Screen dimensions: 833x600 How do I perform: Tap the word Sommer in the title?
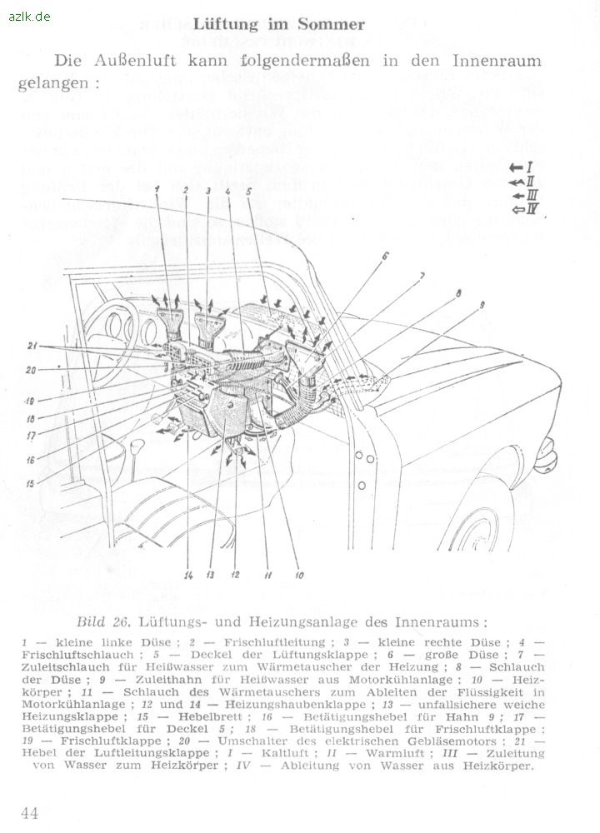[332, 25]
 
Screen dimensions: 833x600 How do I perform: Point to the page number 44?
[30, 813]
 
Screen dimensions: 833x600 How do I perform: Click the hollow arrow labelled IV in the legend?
[519, 208]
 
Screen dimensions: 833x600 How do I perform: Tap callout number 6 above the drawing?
[386, 257]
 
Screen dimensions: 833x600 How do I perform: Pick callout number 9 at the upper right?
[482, 306]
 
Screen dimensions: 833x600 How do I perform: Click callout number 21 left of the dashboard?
[32, 346]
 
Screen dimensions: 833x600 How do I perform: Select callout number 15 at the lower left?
[31, 483]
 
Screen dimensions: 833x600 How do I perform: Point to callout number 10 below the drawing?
[299, 575]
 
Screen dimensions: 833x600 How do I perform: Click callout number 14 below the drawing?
[188, 575]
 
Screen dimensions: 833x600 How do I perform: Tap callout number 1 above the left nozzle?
[156, 191]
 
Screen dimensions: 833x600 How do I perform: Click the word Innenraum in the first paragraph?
[497, 61]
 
